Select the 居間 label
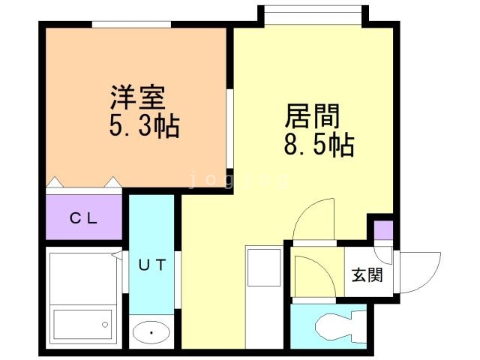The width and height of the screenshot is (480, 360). tap(312, 116)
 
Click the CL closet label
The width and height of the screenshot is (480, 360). tap(83, 219)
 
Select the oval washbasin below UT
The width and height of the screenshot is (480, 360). tap(151, 331)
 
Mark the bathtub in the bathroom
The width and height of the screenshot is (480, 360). tap(82, 323)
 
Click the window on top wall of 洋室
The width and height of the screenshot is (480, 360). tap(131, 25)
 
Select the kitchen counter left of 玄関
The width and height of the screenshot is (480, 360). tap(263, 292)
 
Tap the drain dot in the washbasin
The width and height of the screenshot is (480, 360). tap(151, 331)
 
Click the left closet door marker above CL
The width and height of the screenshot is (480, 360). tap(55, 182)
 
